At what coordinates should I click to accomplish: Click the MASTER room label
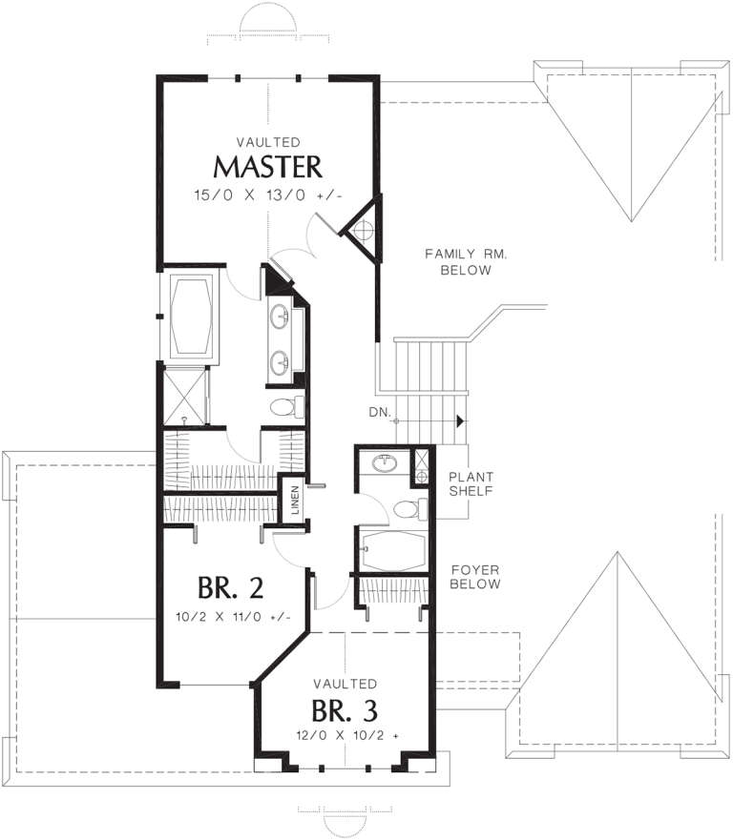267,167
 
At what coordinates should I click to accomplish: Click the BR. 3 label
345,711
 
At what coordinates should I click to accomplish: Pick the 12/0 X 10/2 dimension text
345,735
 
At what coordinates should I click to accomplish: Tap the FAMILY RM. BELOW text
458,261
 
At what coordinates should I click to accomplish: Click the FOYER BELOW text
475,575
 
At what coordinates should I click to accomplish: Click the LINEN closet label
295,503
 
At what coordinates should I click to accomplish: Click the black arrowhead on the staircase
461,420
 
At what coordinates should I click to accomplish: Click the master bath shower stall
181,395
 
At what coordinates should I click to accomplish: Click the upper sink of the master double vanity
282,314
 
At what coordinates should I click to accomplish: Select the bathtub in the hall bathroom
391,551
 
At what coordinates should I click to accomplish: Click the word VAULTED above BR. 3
345,684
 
